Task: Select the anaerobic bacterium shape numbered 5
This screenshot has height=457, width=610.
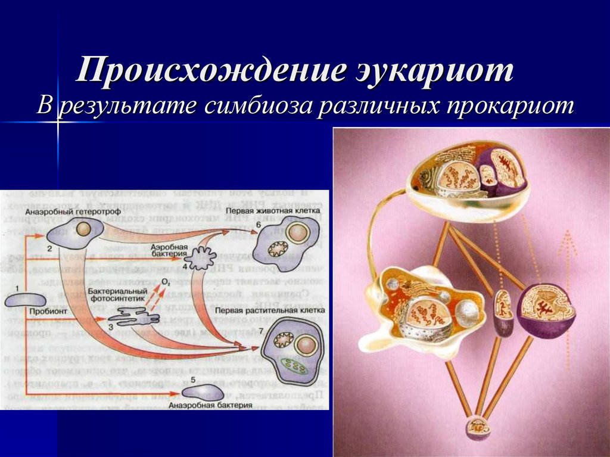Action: (x=203, y=391)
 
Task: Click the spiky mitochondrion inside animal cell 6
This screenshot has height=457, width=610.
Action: (x=278, y=248)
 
